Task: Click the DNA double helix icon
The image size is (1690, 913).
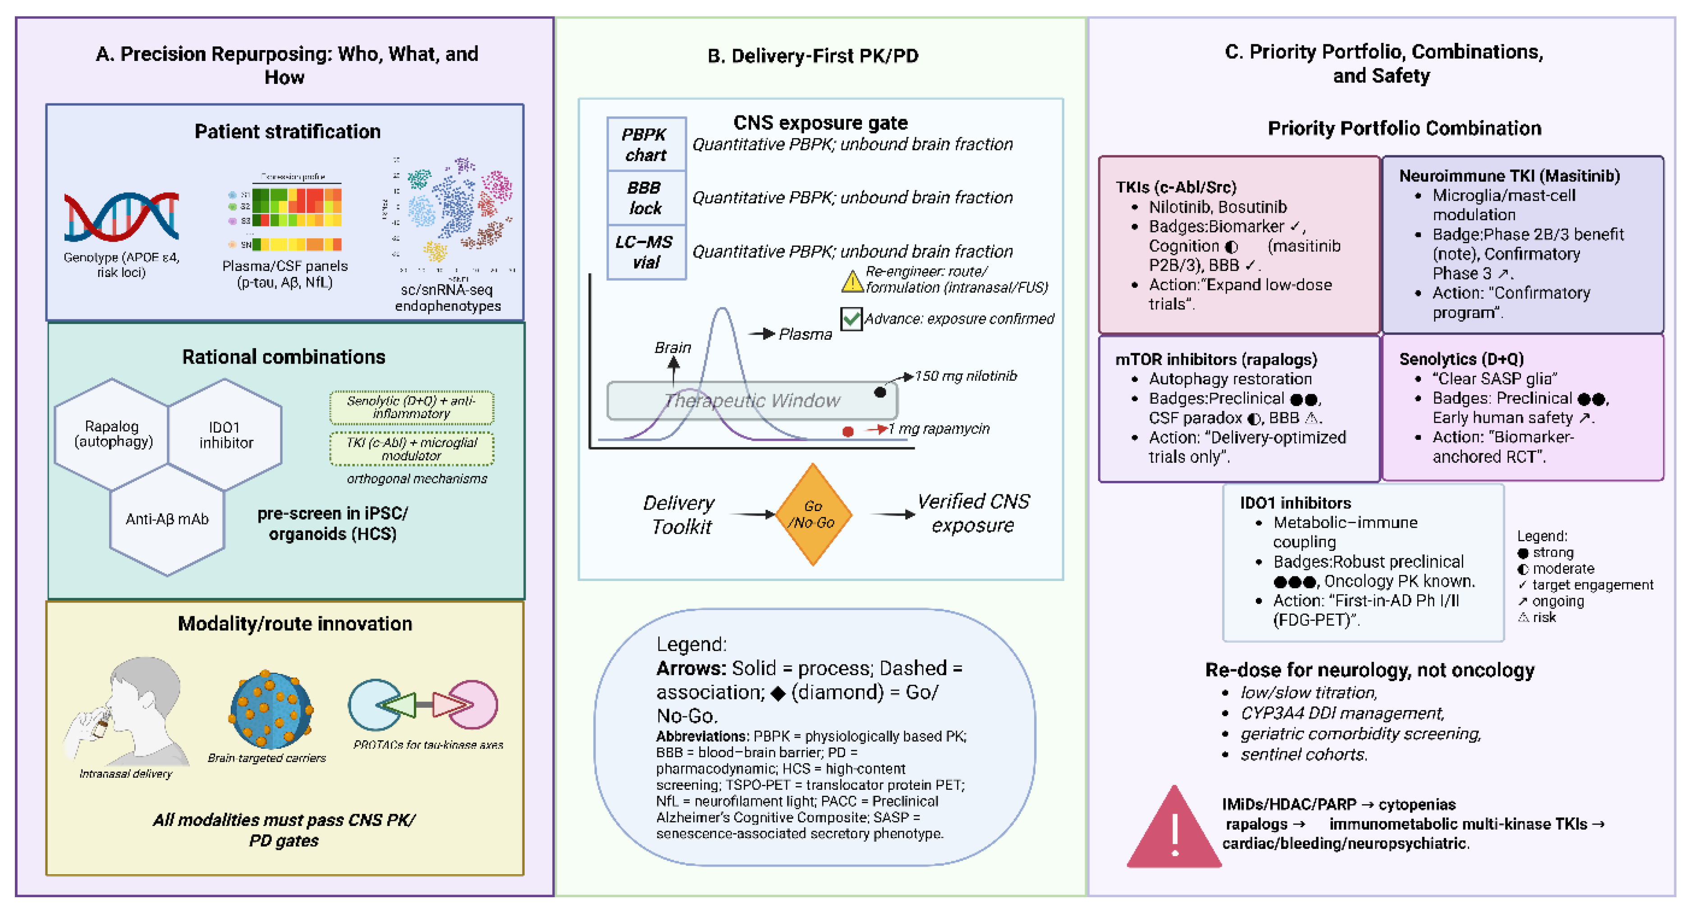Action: click(121, 217)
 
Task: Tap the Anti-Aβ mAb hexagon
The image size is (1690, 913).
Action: click(167, 519)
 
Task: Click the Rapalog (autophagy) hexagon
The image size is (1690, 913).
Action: click(112, 434)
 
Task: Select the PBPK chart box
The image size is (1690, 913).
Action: click(646, 144)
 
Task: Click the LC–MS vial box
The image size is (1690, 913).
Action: click(646, 252)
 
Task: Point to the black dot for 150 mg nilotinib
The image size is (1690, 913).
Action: click(880, 392)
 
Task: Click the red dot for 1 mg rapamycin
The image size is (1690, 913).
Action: click(847, 431)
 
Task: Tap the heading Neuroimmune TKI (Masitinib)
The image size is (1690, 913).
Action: click(1509, 176)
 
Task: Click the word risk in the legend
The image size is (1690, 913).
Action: click(1543, 618)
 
